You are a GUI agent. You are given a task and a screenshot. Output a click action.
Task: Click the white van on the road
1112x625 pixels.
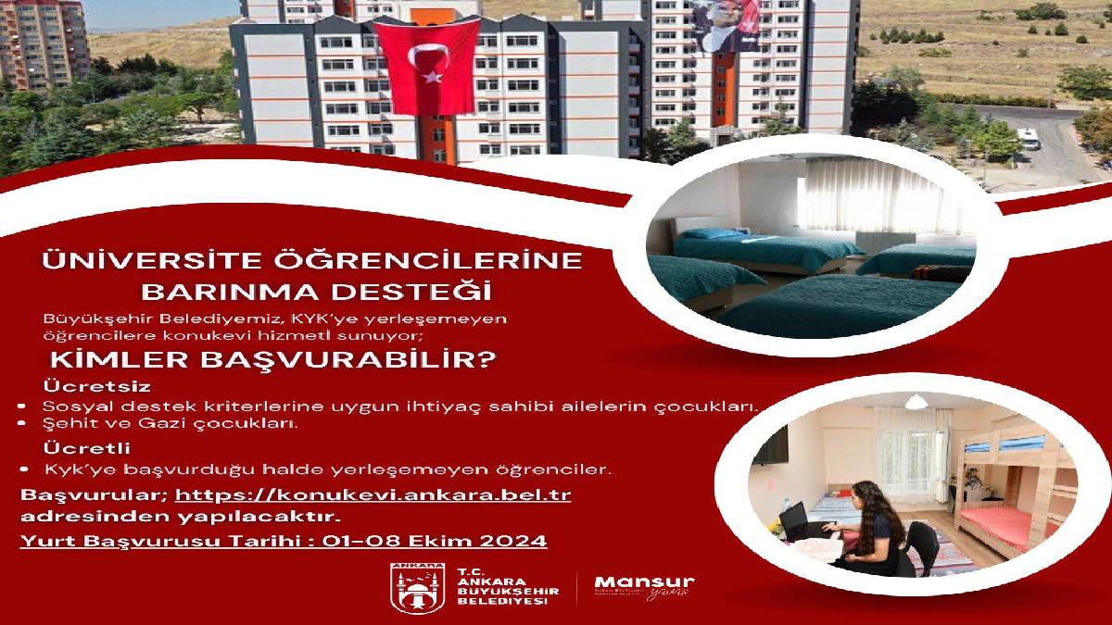click(x=1029, y=138)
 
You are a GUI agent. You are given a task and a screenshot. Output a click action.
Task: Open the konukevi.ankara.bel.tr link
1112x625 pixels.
click(x=373, y=494)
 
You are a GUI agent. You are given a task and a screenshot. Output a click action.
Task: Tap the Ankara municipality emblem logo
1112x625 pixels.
click(x=411, y=587)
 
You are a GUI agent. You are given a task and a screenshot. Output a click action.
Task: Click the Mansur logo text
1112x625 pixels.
click(x=645, y=581)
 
